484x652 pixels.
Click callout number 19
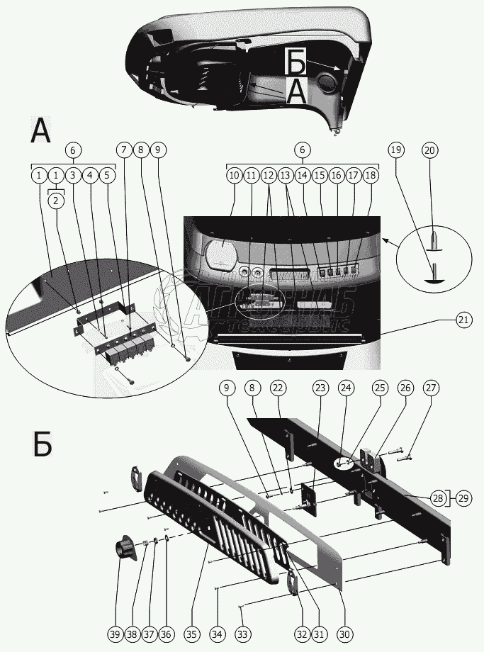pos(396,150)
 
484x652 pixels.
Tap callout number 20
pos(430,150)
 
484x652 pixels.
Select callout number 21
pos(463,320)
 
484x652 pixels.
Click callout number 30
pos(345,633)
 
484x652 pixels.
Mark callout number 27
pos(431,388)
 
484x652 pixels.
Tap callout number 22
pos(277,388)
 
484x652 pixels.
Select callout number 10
pos(234,174)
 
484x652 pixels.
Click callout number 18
pos(371,174)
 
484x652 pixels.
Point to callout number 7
pos(125,150)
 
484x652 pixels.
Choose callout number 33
pos(243,633)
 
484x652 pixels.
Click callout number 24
pos(345,388)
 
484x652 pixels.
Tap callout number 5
pos(107,174)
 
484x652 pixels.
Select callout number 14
pos(303,174)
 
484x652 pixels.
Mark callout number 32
pos(303,633)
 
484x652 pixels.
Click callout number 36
pos(167,633)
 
